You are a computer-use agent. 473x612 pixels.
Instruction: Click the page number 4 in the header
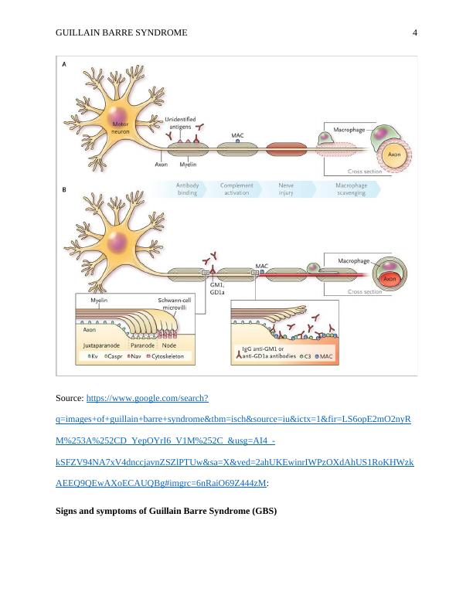pos(415,32)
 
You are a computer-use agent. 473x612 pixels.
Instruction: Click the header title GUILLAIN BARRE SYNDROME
pos(122,32)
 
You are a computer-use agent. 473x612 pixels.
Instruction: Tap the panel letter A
pos(63,66)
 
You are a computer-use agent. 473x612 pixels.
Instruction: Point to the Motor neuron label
pos(120,128)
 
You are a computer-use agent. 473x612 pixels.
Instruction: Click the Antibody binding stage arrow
pos(188,189)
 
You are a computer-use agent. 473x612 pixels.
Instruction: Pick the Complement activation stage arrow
pos(236,189)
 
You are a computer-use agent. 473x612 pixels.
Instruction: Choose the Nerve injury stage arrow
pos(286,189)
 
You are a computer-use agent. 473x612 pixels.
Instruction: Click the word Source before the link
pos(70,399)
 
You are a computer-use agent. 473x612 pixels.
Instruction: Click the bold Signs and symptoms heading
pos(166,512)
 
